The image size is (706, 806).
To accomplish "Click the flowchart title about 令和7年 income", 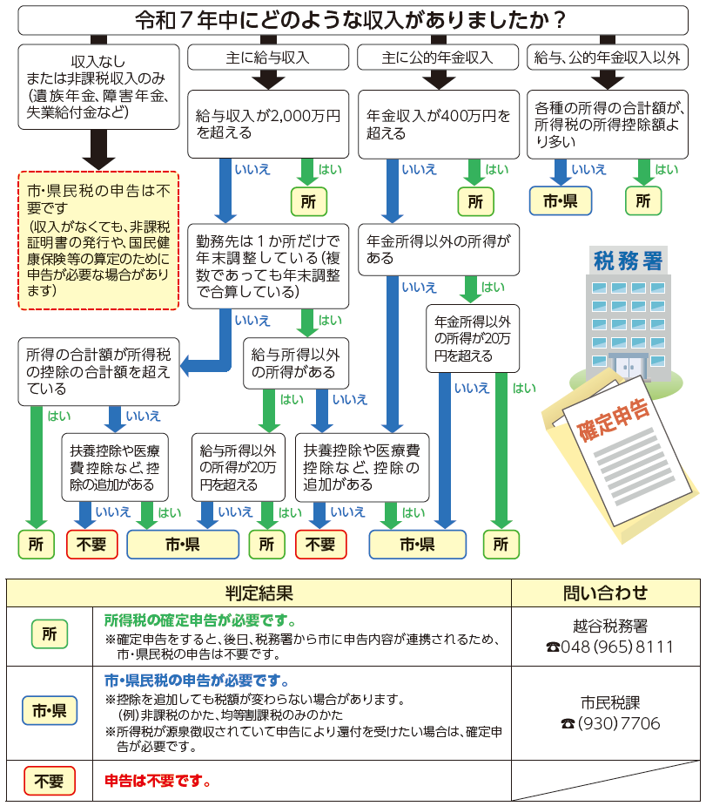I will tap(352, 17).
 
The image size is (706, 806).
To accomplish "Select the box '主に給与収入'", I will tap(267, 58).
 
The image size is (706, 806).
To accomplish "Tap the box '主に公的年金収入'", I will tap(438, 58).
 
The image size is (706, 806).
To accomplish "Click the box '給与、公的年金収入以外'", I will tap(608, 58).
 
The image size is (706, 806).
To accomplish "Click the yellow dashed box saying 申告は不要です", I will tap(98, 240).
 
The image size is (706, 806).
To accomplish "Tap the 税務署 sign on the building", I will tap(627, 260).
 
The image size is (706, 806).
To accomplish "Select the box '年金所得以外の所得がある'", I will tap(438, 248).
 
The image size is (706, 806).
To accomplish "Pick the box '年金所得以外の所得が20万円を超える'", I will tap(473, 338).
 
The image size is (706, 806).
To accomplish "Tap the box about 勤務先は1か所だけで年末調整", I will tap(268, 266).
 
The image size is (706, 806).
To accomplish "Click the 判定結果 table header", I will tap(259, 593).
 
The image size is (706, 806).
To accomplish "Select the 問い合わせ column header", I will tap(606, 593).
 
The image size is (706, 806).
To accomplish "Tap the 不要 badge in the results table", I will tap(49, 781).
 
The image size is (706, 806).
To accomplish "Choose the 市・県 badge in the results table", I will tap(49, 711).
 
